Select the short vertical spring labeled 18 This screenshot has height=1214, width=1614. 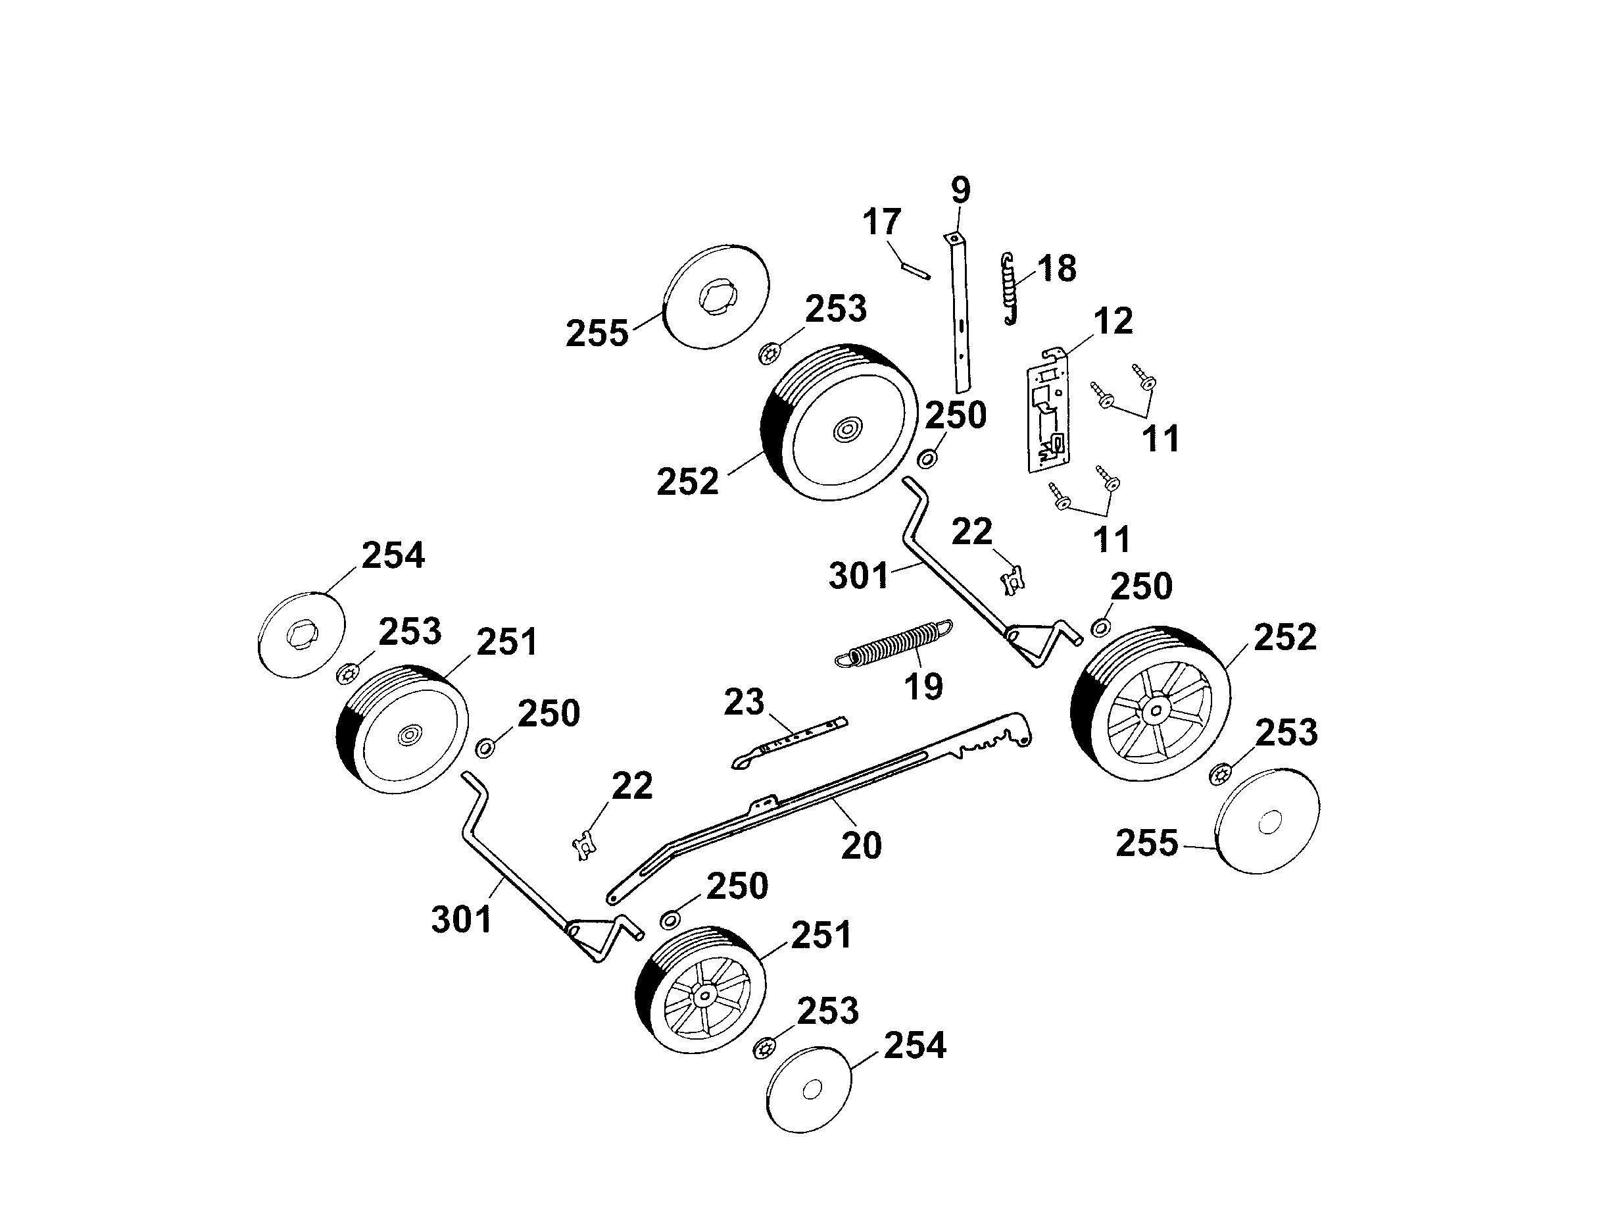[x=1009, y=289]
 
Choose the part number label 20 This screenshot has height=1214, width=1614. [x=862, y=846]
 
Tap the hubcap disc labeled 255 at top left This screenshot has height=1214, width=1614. [x=718, y=298]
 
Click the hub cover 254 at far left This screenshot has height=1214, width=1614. [x=301, y=634]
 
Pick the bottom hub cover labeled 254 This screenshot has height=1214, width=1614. [x=810, y=1091]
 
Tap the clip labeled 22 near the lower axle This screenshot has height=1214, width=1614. [x=584, y=847]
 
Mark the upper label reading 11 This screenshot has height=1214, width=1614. [x=1160, y=440]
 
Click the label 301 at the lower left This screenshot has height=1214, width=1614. [x=461, y=920]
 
